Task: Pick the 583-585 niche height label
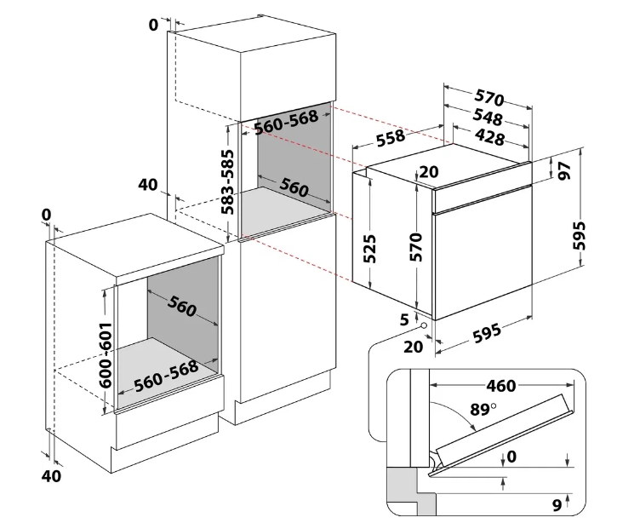coord(227,182)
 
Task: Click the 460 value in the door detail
coord(501,386)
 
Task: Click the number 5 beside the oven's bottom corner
coord(404,319)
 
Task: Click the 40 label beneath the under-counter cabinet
coord(51,476)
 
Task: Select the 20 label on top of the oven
coord(428,172)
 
